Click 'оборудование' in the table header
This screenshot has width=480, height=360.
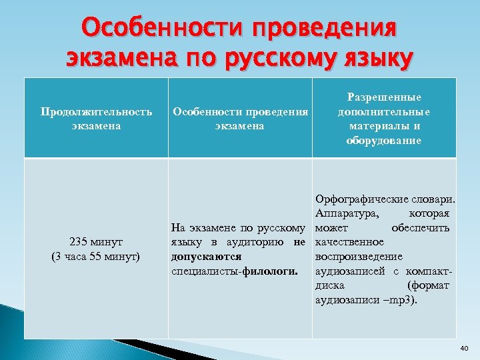click(384, 141)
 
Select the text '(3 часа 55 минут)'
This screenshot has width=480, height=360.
click(95, 256)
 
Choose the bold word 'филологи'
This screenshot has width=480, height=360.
click(280, 271)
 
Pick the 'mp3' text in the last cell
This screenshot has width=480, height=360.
click(400, 300)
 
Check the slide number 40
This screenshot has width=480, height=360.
click(464, 348)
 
